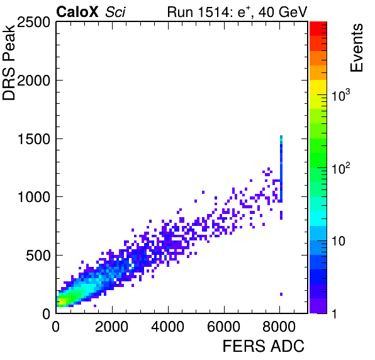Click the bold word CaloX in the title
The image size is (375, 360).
[77, 12]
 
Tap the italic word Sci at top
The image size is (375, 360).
[115, 12]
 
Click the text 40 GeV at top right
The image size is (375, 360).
[283, 12]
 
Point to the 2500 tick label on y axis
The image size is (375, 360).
[33, 23]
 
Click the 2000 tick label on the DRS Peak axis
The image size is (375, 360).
[33, 81]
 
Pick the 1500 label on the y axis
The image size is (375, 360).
[34, 139]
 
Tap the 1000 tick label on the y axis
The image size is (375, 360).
[34, 197]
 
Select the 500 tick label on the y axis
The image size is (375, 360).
[38, 256]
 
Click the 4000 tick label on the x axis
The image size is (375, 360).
[167, 326]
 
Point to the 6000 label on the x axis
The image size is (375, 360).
[223, 326]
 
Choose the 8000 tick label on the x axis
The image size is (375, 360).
[279, 326]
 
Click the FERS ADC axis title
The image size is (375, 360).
[264, 346]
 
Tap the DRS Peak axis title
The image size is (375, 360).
[9, 62]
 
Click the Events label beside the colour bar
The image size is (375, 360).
[357, 48]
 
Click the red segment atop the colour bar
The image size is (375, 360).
[318, 29]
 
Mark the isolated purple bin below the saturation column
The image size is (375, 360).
[281, 294]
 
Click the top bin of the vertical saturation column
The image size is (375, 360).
[281, 137]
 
